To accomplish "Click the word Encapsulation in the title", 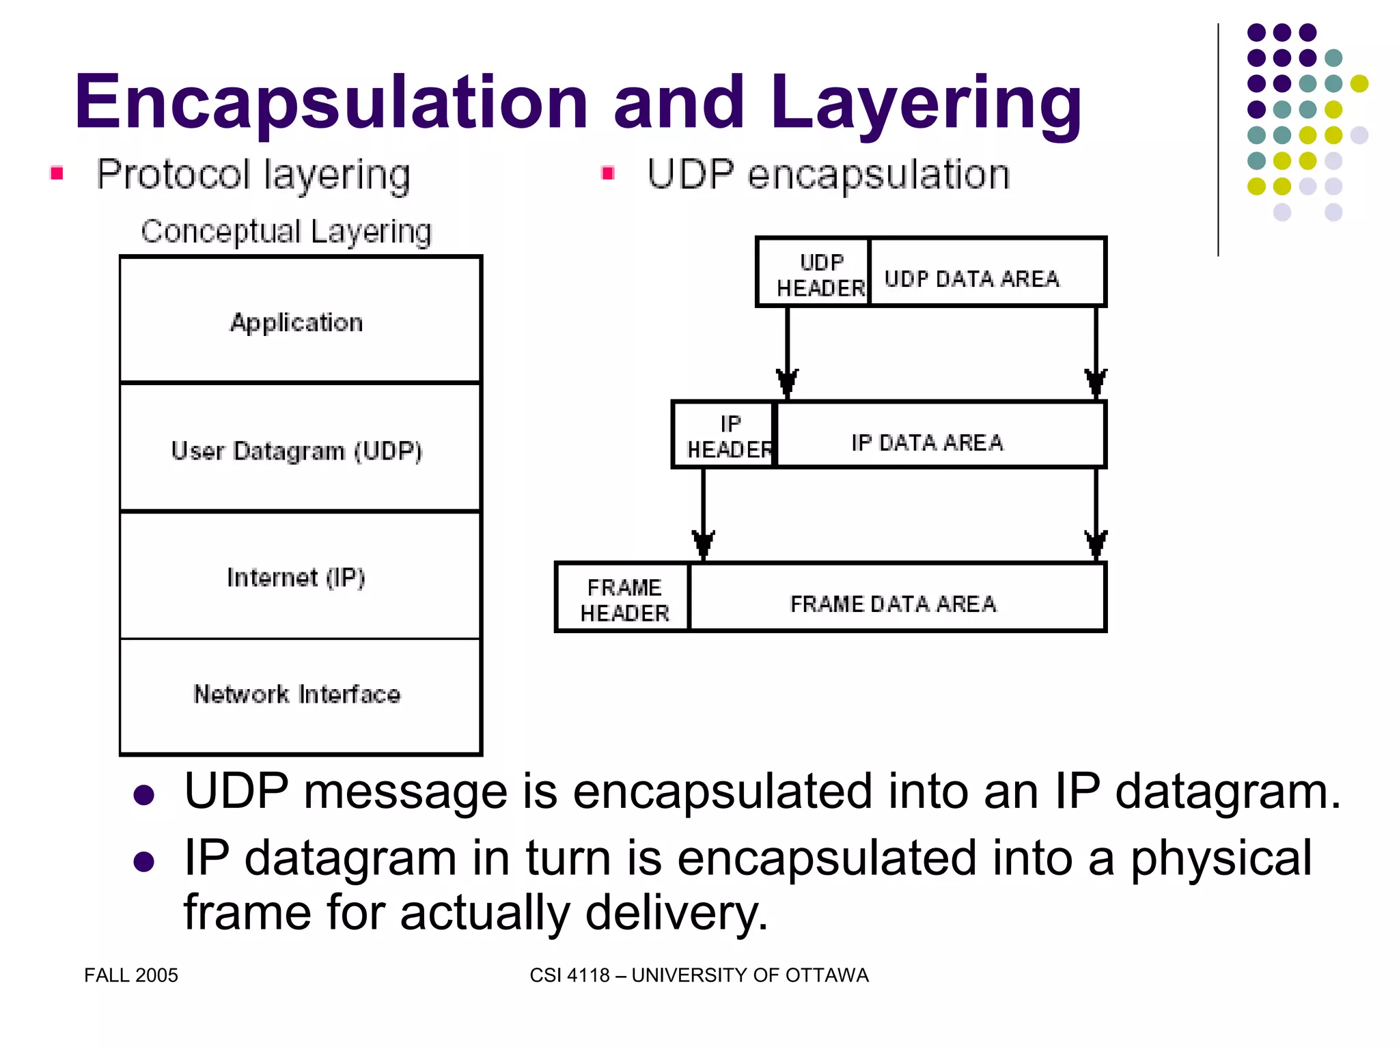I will coord(331,102).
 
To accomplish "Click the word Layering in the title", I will coord(925,102).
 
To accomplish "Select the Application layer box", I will coord(300,320).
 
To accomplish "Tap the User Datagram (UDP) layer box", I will coord(300,448).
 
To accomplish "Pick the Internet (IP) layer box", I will coord(300,576).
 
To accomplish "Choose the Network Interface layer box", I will coord(300,695).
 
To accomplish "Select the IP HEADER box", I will coord(725,435).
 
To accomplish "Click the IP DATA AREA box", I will coord(940,435).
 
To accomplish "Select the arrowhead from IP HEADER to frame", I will coord(703,544).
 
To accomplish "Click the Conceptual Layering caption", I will coord(286,232).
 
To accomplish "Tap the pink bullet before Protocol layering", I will coord(57,173).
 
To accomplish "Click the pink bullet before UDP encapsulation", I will coord(607,173).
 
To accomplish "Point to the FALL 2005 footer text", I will coord(131,975).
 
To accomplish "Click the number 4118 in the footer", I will coord(588,975).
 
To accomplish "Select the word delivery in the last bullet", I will coord(676,913).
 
